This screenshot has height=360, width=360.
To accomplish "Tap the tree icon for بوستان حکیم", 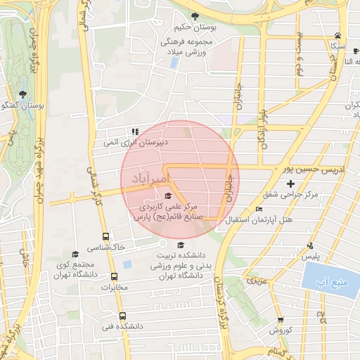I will tap(195, 15).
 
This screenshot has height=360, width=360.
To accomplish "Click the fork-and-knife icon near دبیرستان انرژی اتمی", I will tap(135, 131).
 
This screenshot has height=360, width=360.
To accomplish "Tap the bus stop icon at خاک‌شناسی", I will tap(105, 237).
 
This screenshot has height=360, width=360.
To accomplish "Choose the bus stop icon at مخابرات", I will tap(114, 277).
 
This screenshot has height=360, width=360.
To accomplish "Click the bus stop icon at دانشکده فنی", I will tap(123, 316).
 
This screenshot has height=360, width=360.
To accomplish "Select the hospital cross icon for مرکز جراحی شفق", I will tap(290, 184).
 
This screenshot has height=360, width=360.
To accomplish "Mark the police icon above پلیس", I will tap(310, 245).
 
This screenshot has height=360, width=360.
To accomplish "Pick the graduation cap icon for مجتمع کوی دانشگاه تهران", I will tap(75, 255).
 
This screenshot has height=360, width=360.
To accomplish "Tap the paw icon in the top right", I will tap(338, 34).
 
